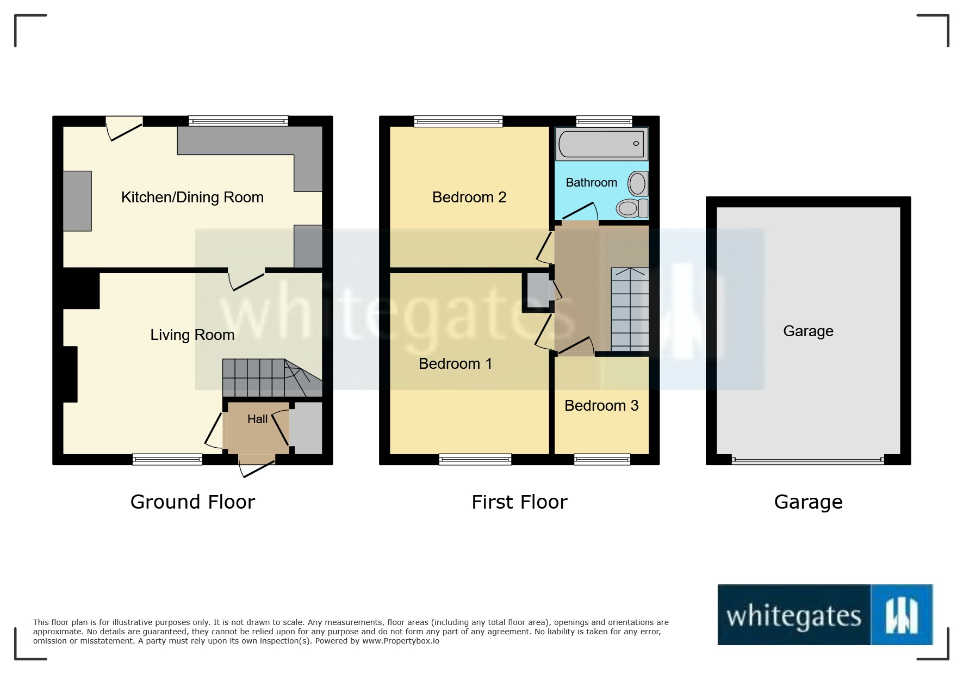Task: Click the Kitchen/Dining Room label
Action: tap(192, 197)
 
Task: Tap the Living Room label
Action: tap(192, 335)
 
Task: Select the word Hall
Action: tap(257, 419)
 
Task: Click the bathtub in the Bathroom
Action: tap(601, 144)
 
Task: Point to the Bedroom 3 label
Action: tap(601, 406)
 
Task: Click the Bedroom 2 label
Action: tap(469, 197)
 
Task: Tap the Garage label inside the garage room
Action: tap(807, 331)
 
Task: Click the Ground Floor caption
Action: tap(192, 502)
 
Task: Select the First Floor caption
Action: tap(519, 502)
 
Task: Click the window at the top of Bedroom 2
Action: tap(458, 121)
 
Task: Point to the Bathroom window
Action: tap(604, 121)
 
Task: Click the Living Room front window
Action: tap(167, 460)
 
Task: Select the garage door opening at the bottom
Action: tap(807, 460)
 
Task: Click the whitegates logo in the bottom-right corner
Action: tap(825, 615)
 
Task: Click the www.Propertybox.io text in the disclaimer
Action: tap(401, 641)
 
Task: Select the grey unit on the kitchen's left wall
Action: tap(77, 201)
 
